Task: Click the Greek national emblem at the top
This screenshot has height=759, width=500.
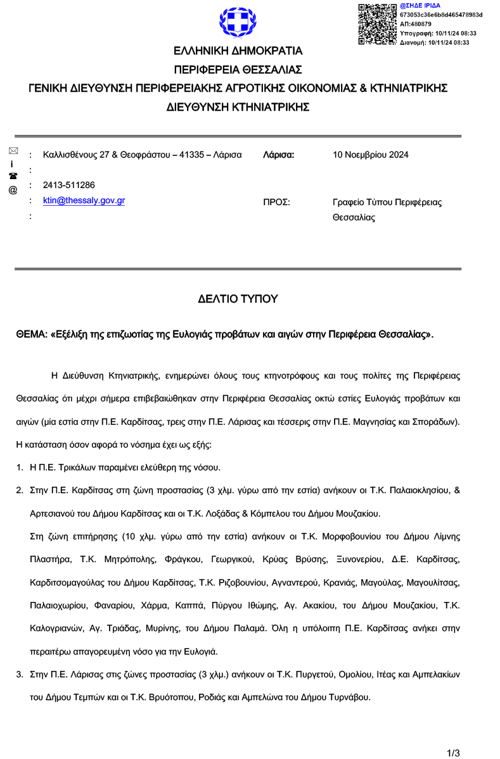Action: pyautogui.click(x=238, y=23)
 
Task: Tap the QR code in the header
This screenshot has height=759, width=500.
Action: pyautogui.click(x=378, y=24)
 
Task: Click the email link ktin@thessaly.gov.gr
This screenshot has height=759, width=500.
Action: pyautogui.click(x=84, y=201)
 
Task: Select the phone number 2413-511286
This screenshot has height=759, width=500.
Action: pyautogui.click(x=69, y=185)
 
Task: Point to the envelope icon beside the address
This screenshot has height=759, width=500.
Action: pyautogui.click(x=13, y=151)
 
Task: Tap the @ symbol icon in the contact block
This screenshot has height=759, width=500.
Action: pyautogui.click(x=13, y=189)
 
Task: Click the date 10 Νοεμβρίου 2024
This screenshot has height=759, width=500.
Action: pyautogui.click(x=371, y=155)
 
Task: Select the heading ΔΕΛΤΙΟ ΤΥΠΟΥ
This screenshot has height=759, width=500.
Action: pyautogui.click(x=238, y=299)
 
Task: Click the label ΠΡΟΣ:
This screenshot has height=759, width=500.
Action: pyautogui.click(x=276, y=203)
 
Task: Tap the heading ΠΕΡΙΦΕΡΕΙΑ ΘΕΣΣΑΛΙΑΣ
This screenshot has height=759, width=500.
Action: pyautogui.click(x=238, y=70)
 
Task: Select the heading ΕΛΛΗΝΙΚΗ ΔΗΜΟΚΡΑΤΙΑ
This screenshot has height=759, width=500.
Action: pyautogui.click(x=238, y=51)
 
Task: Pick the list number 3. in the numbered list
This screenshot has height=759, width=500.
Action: pyautogui.click(x=20, y=675)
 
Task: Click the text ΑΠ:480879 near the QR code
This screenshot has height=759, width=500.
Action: pyautogui.click(x=416, y=24)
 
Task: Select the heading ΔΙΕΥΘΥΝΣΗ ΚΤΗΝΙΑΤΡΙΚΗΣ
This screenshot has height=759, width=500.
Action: pyautogui.click(x=238, y=107)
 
